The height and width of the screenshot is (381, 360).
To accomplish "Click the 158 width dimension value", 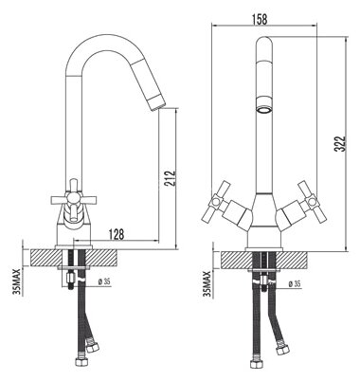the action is click(x=260, y=19).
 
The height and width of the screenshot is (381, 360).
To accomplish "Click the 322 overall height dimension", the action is click(x=341, y=144).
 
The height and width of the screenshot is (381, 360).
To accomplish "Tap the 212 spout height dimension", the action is click(x=170, y=179).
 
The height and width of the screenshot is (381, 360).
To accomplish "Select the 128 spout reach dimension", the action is click(x=117, y=234).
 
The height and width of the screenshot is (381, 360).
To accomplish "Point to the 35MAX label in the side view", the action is click(x=16, y=281).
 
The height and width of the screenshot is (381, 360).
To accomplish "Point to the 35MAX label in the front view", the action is click(x=207, y=284).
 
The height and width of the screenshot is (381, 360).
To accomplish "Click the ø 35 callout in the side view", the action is click(x=104, y=282).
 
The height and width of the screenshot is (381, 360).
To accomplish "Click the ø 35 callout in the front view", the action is click(x=295, y=284).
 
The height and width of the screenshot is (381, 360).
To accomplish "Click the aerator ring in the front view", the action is click(x=264, y=110).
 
